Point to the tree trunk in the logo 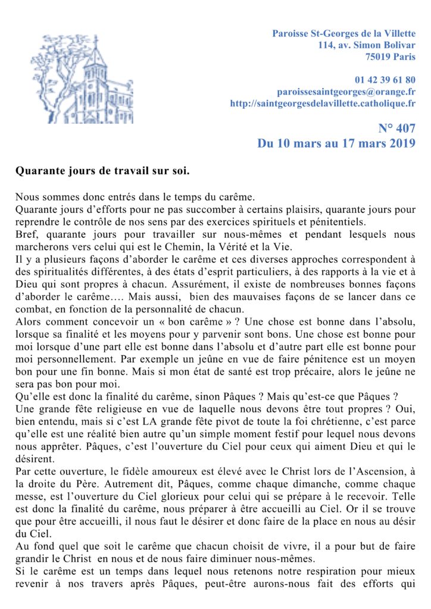click(x=60, y=89)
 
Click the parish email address click(x=346, y=92)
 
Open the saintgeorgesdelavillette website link click(x=323, y=103)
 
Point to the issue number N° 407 click(x=397, y=128)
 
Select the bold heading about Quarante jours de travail click(x=102, y=171)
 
